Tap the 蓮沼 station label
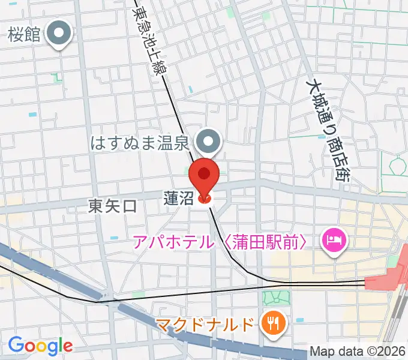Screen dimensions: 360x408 178,197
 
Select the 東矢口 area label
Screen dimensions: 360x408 112,206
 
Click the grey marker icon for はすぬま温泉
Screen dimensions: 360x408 209,142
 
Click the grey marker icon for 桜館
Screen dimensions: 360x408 59,34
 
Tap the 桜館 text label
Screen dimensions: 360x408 25,35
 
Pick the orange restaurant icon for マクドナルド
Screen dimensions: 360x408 272,325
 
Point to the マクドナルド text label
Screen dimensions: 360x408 205,326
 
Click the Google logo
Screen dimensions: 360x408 40,345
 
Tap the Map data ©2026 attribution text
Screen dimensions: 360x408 358,351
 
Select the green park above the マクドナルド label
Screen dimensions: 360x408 276,298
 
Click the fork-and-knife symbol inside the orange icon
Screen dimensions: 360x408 272,325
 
